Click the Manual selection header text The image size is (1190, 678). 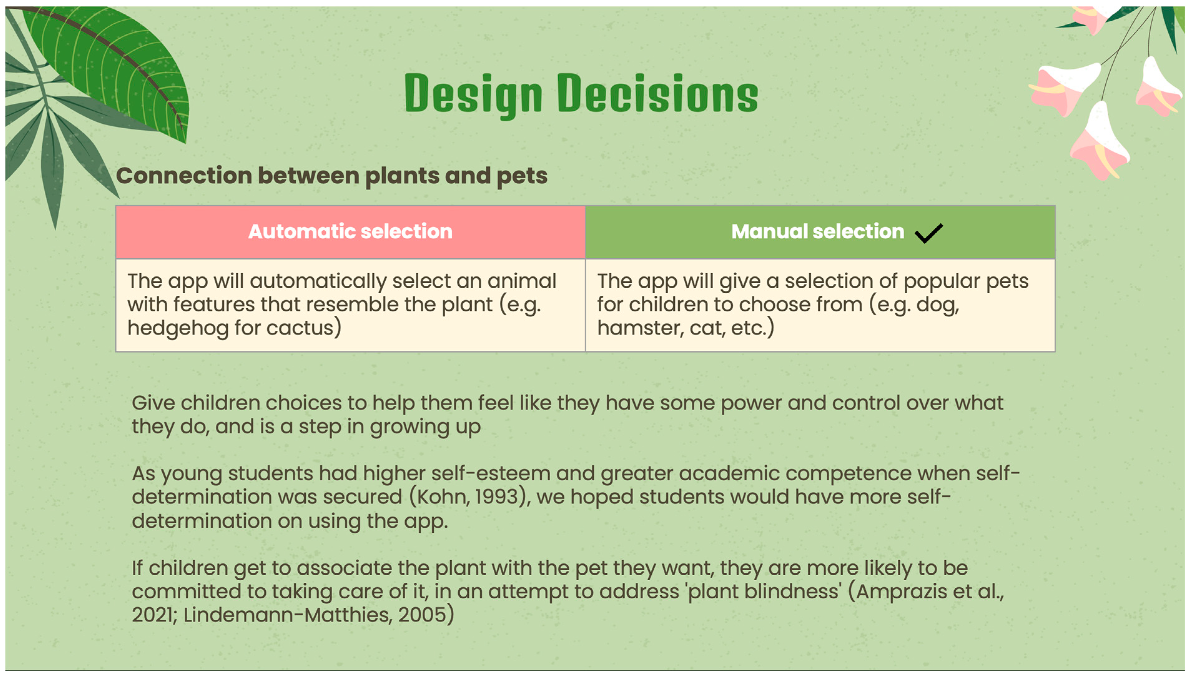817,231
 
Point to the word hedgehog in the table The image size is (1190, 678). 178,328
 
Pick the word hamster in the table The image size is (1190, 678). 641,328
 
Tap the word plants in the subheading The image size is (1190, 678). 401,176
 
